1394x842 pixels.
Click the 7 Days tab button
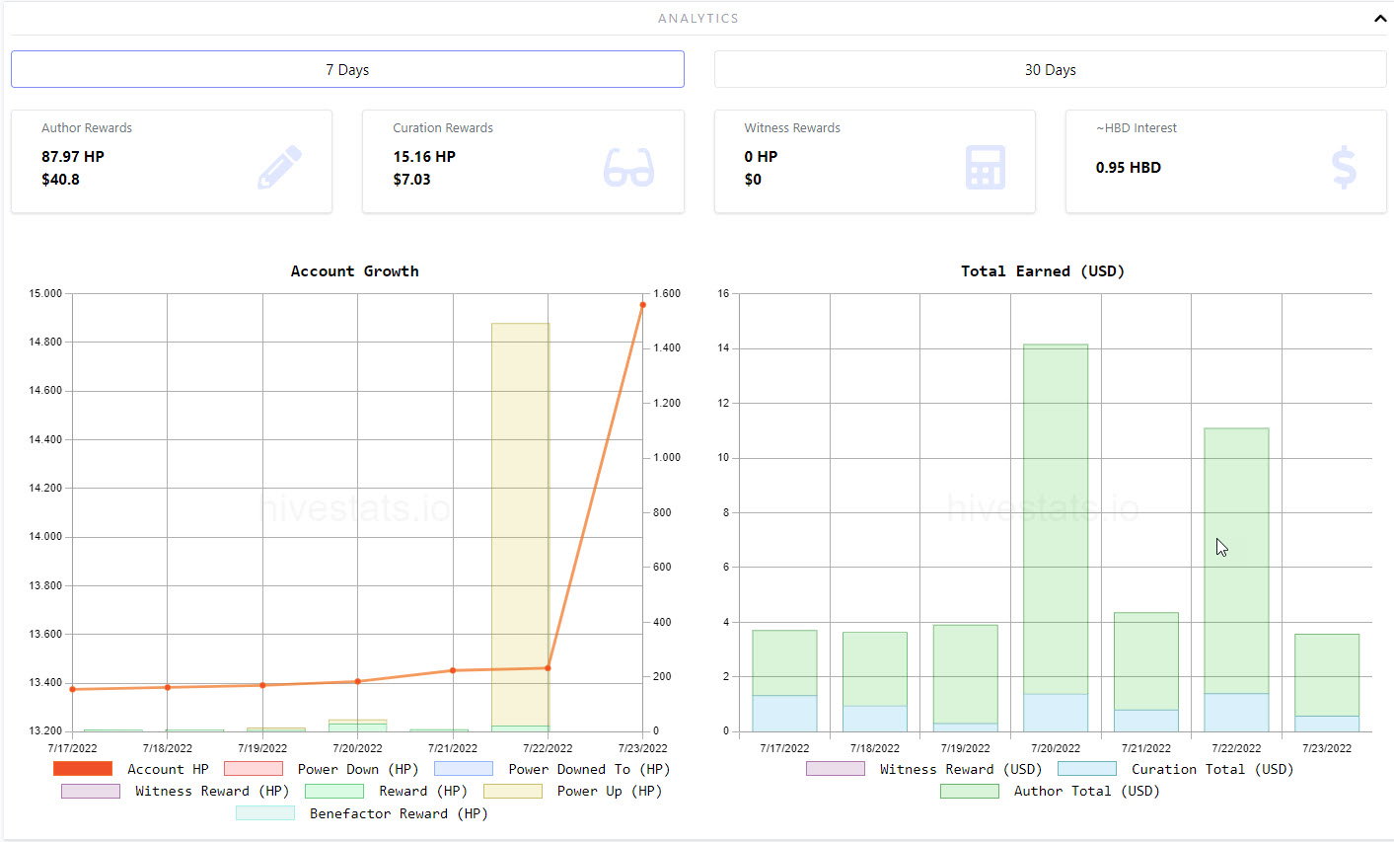347,69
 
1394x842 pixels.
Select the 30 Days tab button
1050,69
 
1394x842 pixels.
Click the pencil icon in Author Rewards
279,167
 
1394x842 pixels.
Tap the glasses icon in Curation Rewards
628,168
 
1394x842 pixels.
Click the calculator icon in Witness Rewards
986,167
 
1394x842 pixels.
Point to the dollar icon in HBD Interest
1344,167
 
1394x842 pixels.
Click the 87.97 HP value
73,156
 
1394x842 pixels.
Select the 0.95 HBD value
1129,168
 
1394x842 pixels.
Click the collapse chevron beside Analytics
1380,19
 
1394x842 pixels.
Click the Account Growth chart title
355,270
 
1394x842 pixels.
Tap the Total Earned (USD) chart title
1043,270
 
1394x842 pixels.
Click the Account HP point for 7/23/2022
643,305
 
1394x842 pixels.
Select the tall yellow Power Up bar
520,524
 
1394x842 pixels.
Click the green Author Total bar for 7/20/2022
1056,519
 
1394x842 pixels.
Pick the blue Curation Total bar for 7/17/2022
784,713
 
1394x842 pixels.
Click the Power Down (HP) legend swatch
254,769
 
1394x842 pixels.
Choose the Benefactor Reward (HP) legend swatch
265,812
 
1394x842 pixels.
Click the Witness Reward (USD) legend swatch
836,769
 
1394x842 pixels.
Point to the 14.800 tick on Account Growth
45,342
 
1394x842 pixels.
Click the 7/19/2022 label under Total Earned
965,748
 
